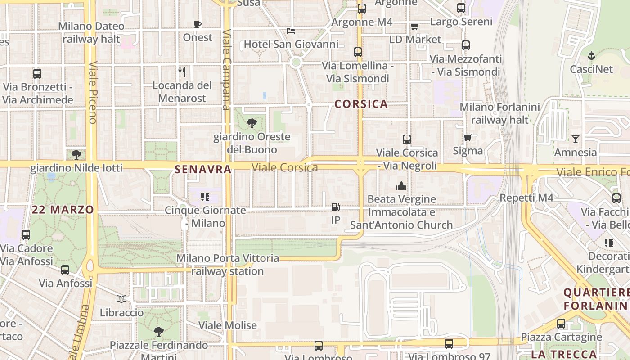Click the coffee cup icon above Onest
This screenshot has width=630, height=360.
click(197, 24)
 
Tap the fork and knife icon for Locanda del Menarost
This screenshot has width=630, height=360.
click(182, 72)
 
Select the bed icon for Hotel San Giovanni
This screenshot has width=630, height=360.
click(291, 31)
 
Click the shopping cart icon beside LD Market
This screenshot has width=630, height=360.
click(414, 26)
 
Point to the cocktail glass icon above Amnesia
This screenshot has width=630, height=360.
click(575, 139)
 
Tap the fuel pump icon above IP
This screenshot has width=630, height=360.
click(335, 207)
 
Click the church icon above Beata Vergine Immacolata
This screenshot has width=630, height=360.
click(401, 185)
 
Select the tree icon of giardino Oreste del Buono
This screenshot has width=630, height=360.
click(252, 123)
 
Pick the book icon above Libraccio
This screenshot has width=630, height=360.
click(121, 299)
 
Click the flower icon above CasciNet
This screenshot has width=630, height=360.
click(591, 56)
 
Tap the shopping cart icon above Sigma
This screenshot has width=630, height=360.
click(468, 137)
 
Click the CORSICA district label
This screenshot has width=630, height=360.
click(361, 104)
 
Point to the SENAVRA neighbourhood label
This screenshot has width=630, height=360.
click(203, 169)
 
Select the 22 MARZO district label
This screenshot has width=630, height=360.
click(63, 209)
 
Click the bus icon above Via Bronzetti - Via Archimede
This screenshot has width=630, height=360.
click(37, 73)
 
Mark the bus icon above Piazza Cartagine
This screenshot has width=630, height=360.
click(561, 323)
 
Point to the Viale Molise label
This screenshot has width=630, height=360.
click(228, 325)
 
